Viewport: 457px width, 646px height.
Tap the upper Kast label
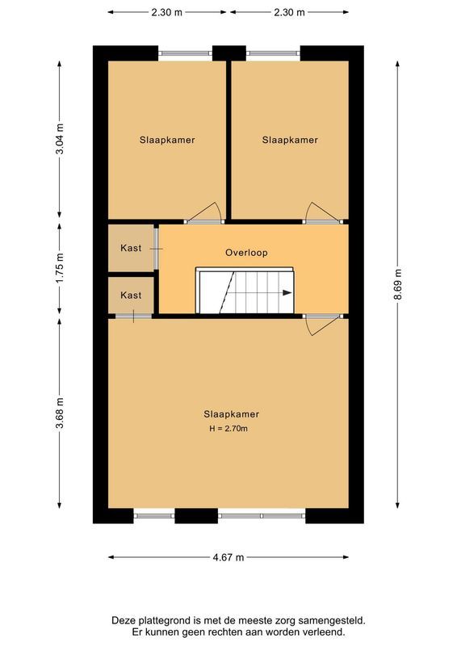(131, 248)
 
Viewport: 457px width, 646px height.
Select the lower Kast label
(131, 296)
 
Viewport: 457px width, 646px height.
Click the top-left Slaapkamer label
(166, 140)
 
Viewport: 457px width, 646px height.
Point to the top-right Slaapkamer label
(290, 140)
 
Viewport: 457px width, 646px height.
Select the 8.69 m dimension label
(397, 285)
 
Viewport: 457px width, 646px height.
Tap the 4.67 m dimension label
(228, 557)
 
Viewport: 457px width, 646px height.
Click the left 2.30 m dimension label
(166, 12)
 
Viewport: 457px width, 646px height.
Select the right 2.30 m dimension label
(289, 12)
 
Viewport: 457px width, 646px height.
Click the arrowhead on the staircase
(287, 294)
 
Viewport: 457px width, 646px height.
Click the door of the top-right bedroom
(325, 212)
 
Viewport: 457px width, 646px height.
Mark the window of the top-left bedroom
(185, 53)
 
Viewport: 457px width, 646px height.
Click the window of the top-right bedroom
(272, 53)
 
